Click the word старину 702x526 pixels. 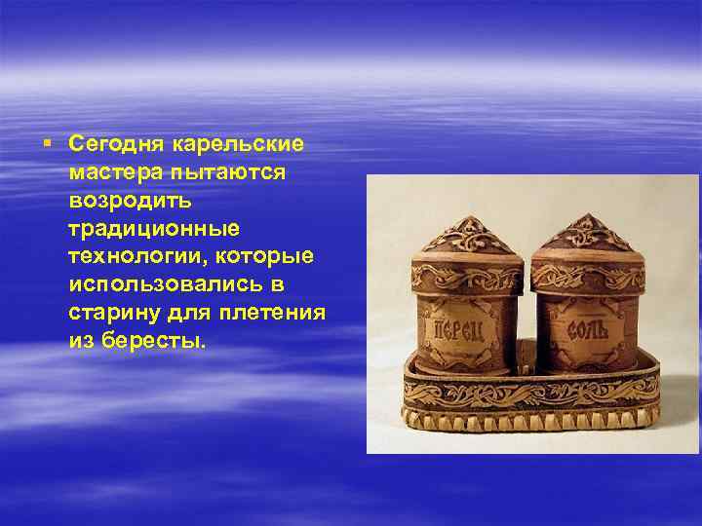(x=114, y=314)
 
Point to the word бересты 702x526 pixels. (x=154, y=341)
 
